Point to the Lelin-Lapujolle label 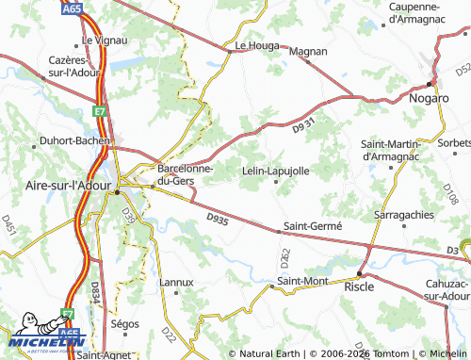pyautogui.click(x=276, y=171)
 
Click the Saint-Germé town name pyautogui.click(x=312, y=227)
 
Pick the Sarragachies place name pyautogui.click(x=404, y=215)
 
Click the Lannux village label pyautogui.click(x=176, y=282)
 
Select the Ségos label pyautogui.click(x=124, y=322)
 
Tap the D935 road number pyautogui.click(x=218, y=219)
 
